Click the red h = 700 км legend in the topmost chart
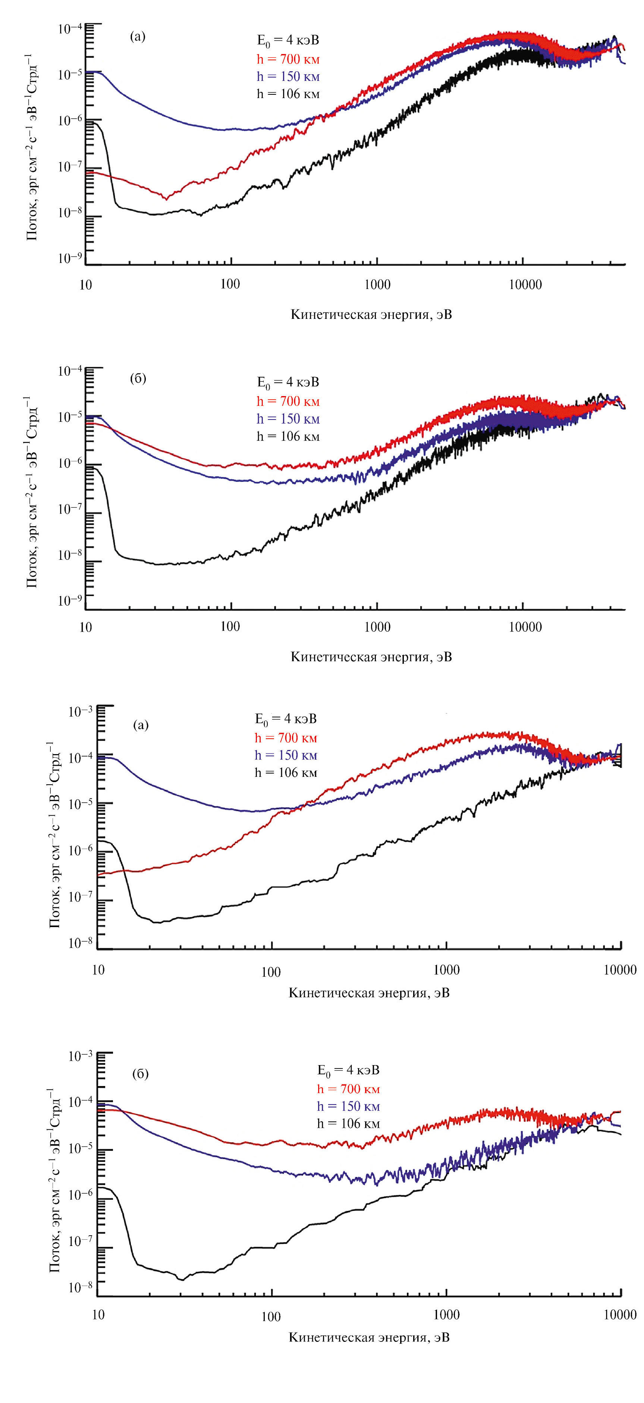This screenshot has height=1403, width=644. [x=288, y=59]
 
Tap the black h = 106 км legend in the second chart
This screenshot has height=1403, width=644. [x=288, y=436]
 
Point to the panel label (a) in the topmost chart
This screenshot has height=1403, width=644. [x=138, y=37]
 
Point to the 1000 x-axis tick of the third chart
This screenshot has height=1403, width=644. [x=446, y=970]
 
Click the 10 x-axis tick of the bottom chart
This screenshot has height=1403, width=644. [x=98, y=1314]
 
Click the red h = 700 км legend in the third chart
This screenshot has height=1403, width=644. [x=286, y=738]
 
